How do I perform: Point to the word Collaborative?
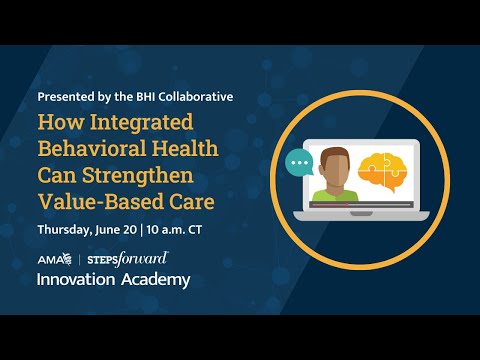pos(196,97)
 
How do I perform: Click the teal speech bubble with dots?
pos(298,162)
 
